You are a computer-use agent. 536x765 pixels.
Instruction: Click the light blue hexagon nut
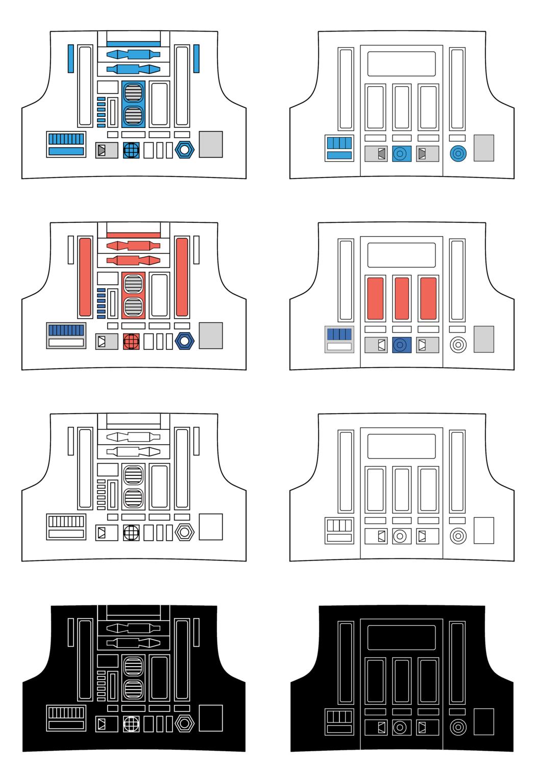click(184, 150)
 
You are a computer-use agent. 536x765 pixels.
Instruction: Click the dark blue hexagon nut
click(184, 341)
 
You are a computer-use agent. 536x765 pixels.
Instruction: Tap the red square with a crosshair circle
click(131, 341)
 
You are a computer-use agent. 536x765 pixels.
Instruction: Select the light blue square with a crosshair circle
click(131, 150)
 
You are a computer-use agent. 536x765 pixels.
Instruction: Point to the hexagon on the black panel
click(184, 724)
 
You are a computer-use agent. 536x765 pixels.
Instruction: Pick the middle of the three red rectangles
click(402, 298)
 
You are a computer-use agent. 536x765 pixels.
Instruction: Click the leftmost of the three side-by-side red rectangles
click(375, 298)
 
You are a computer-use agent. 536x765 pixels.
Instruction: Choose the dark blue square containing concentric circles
click(402, 345)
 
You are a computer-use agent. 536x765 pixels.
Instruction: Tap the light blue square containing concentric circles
click(402, 154)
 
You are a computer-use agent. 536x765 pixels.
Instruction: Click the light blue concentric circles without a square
click(458, 153)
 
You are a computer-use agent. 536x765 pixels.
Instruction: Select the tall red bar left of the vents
click(85, 276)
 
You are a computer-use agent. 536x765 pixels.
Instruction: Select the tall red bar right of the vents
click(182, 276)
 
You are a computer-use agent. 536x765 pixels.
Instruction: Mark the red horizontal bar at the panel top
click(133, 235)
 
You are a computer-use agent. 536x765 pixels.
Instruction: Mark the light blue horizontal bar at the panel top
click(133, 44)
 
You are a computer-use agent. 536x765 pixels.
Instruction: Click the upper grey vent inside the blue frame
click(133, 92)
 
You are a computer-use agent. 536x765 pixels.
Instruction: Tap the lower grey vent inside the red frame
click(133, 307)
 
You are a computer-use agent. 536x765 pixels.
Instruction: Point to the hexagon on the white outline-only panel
click(184, 532)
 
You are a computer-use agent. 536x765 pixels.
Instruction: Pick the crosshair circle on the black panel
click(131, 724)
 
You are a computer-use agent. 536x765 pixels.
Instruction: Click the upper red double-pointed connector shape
click(133, 245)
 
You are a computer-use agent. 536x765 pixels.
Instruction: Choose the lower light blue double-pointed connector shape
click(133, 68)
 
